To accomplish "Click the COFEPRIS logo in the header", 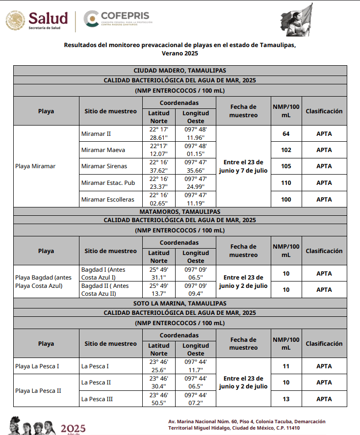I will click(118, 20).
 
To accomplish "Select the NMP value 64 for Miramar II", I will click(286, 133).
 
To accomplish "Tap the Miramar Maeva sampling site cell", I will click(103, 150).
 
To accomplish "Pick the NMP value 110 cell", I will click(286, 183).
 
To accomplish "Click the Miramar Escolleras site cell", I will click(108, 200).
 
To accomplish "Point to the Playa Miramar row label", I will click(35, 166).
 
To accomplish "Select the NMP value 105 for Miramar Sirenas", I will click(286, 166).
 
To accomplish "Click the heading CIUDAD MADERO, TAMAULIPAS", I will click(180, 71).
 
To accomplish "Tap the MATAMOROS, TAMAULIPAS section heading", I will click(180, 212).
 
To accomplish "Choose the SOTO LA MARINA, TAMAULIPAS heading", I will click(180, 304).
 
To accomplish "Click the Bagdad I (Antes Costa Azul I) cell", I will click(104, 273).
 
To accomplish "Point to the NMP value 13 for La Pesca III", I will click(286, 399).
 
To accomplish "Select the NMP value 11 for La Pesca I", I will click(286, 366).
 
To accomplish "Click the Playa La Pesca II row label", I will click(38, 391).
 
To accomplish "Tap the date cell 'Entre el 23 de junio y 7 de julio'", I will click(243, 166).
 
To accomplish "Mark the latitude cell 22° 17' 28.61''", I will click(159, 133).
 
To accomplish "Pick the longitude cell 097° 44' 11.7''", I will click(196, 366).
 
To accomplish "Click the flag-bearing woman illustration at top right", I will click(299, 20).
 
